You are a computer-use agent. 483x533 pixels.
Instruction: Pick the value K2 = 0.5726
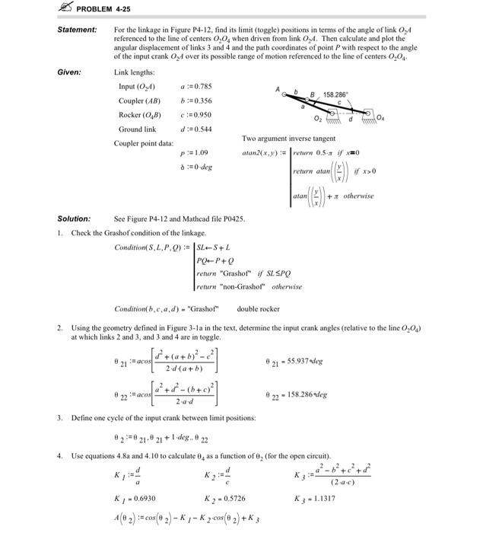coord(221,497)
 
